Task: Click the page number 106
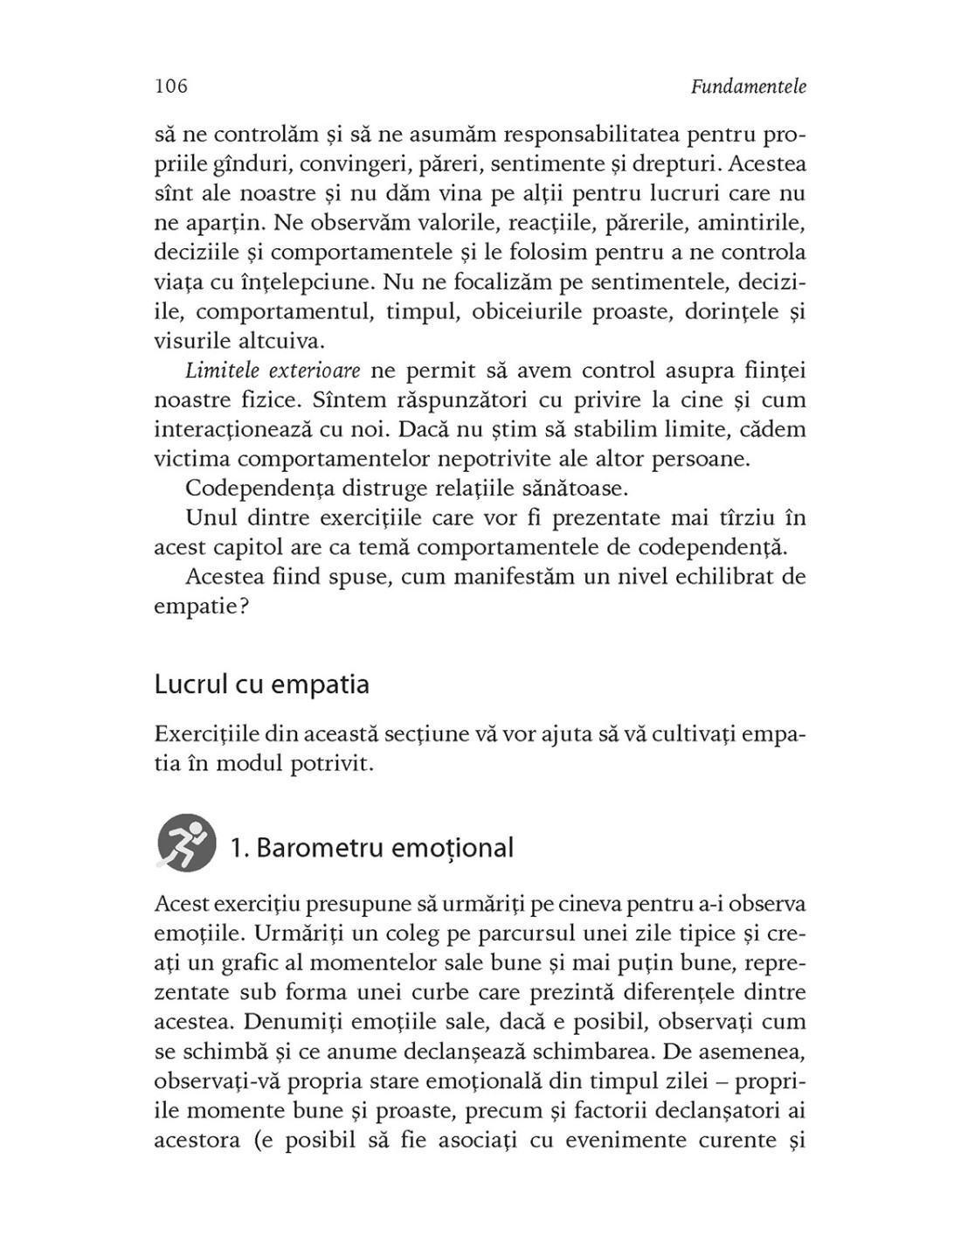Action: point(170,87)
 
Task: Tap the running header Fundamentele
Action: point(748,87)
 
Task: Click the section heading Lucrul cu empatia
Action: point(261,684)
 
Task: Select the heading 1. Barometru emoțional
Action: point(371,848)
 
